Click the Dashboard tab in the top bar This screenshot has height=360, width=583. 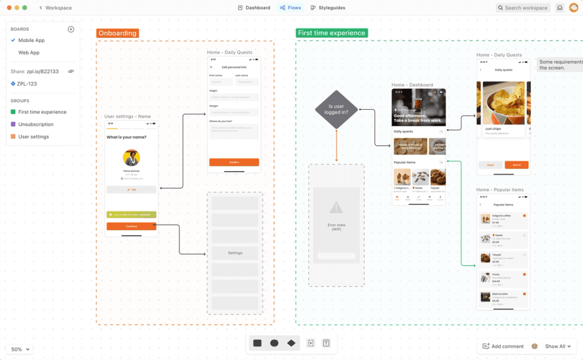(254, 8)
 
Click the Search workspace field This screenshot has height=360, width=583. (522, 8)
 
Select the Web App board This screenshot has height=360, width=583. (29, 52)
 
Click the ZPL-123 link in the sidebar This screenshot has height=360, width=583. (27, 84)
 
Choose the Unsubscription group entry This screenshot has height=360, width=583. (36, 124)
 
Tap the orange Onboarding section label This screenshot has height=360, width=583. (117, 33)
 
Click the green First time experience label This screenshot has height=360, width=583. (331, 33)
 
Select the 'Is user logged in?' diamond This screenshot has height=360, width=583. (336, 109)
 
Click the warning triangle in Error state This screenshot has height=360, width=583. (336, 208)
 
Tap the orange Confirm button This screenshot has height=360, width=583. (234, 162)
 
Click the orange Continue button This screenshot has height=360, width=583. (131, 226)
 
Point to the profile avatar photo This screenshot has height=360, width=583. (131, 157)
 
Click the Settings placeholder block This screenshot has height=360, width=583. (235, 253)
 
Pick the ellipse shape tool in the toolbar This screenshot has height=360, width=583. (274, 343)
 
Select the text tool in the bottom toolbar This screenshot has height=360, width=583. (326, 343)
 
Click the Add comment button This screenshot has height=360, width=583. (503, 347)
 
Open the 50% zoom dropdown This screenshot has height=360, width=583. (20, 349)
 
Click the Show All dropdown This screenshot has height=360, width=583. (557, 347)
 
